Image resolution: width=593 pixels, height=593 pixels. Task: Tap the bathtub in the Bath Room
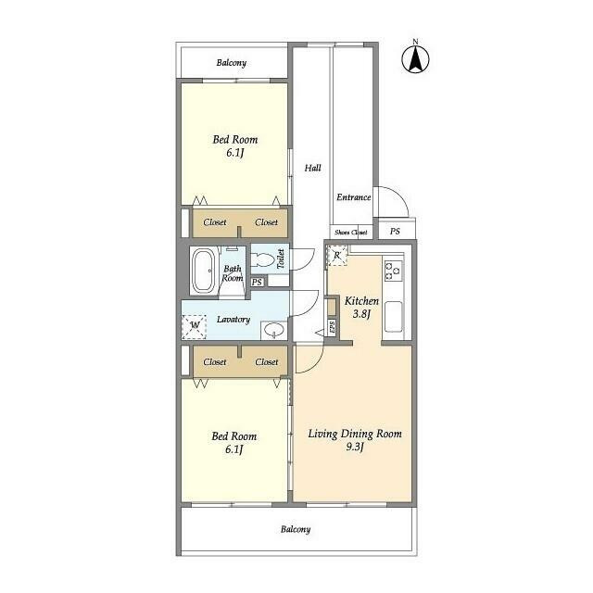click(x=204, y=270)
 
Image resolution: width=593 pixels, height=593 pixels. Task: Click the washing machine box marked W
click(x=194, y=327)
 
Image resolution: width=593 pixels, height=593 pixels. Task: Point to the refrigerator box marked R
click(x=337, y=256)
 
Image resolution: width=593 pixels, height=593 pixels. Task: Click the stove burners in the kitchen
click(x=393, y=271)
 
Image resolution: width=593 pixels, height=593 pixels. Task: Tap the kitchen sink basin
click(x=393, y=317)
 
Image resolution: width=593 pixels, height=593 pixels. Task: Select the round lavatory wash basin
click(x=273, y=330)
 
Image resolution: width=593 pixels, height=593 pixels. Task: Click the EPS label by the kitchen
click(x=332, y=327)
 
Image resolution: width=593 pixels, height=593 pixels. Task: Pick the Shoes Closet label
click(x=350, y=233)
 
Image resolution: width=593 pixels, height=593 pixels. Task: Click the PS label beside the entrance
click(x=395, y=231)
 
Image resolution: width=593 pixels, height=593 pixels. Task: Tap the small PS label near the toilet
click(x=257, y=282)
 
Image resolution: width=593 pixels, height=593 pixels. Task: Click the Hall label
click(x=313, y=168)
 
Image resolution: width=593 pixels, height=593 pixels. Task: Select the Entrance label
click(x=354, y=197)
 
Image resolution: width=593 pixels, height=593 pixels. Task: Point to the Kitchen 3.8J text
click(x=361, y=307)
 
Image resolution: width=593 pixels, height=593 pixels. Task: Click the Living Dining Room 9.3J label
click(x=355, y=440)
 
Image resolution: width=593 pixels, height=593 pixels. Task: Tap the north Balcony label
click(x=232, y=63)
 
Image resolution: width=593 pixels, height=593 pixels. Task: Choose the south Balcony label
click(x=296, y=529)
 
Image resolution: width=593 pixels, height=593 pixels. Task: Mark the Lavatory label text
click(x=233, y=320)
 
